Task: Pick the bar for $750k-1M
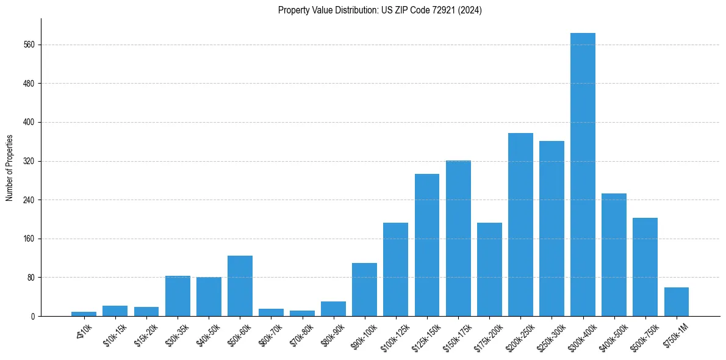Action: [676, 301]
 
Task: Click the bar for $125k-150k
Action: [427, 245]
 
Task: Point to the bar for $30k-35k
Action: [178, 296]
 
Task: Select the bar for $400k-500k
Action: [614, 254]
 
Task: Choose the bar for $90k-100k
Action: [364, 289]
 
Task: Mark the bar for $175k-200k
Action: [489, 269]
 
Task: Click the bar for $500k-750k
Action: [645, 267]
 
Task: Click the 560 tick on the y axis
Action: [29, 45]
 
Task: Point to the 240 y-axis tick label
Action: [29, 200]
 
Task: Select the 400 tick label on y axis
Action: [29, 122]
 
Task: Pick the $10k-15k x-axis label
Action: [114, 335]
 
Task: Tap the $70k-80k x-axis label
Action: [301, 335]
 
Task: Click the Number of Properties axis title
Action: [9, 167]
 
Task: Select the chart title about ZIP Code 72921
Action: [379, 10]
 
